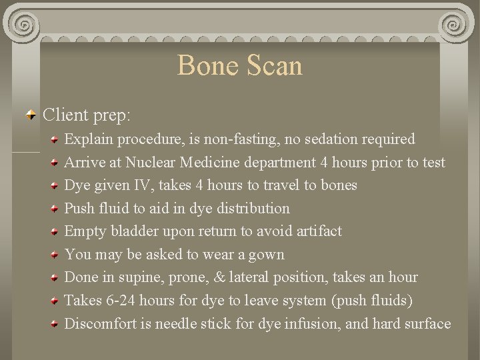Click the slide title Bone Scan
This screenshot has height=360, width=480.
click(x=239, y=65)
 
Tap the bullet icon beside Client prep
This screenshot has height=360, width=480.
click(x=31, y=115)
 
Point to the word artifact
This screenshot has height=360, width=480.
click(x=315, y=231)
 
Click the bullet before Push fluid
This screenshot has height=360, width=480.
click(x=56, y=209)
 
